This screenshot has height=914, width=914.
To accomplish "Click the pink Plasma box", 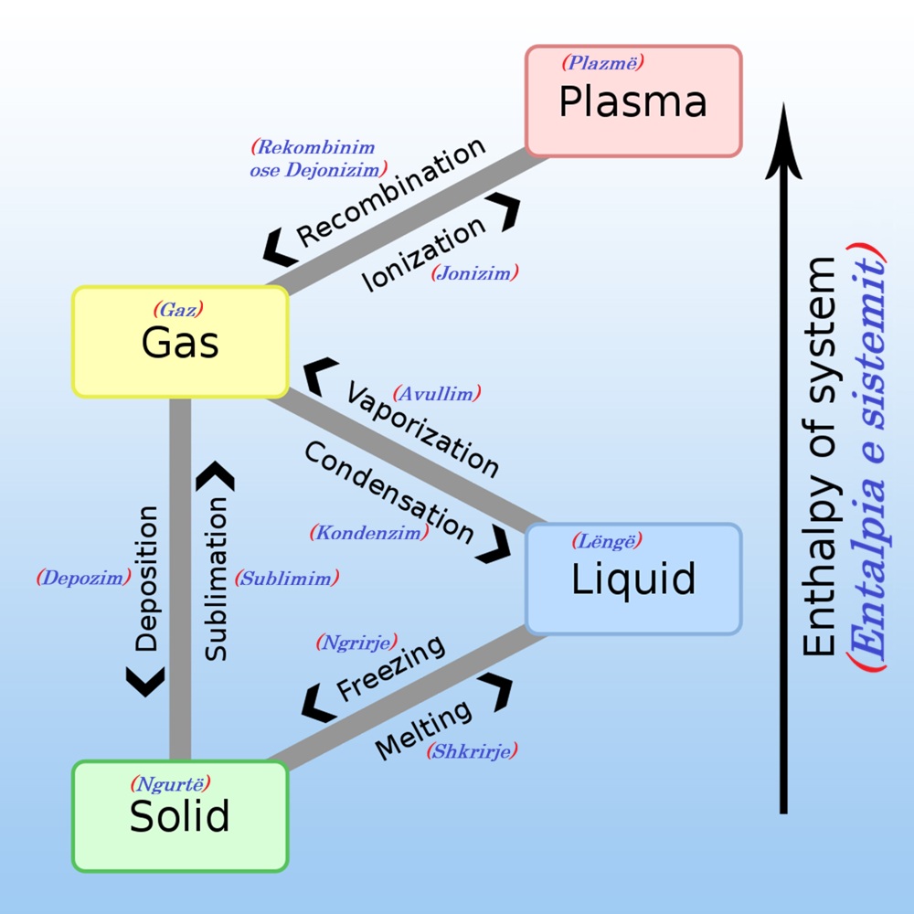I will click(633, 101).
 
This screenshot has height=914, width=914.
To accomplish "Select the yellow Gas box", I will click(180, 342).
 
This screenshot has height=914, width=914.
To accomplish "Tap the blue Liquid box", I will click(633, 579).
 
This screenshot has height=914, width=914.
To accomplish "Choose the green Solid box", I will click(180, 816).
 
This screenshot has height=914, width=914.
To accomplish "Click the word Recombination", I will click(390, 193).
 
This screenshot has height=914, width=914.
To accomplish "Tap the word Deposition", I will click(146, 578).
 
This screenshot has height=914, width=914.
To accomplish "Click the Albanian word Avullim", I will click(436, 394).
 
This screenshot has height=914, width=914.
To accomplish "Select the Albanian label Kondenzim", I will click(369, 532).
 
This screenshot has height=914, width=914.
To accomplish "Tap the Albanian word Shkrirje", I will click(472, 751).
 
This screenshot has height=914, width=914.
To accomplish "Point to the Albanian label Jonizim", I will click(475, 271).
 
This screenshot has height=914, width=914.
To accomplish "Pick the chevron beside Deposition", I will click(146, 681).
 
